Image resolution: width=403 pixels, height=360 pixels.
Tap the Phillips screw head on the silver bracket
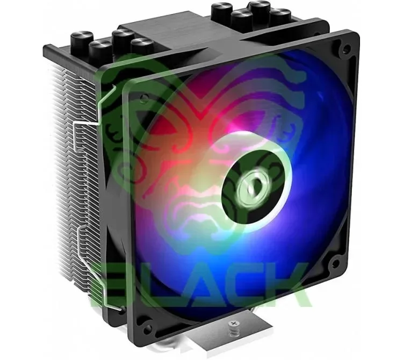234,323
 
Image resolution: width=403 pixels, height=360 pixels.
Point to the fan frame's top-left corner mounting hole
145,98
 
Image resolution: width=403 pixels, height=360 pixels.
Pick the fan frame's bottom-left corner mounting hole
146,329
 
